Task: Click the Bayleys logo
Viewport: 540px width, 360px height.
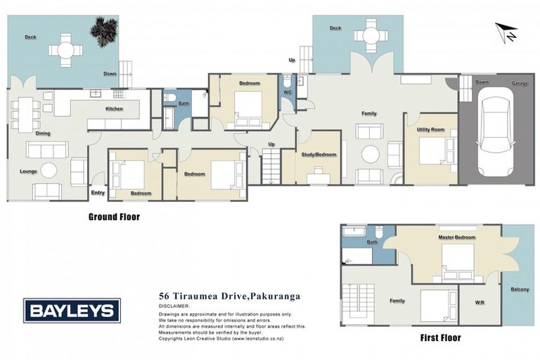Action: tap(72, 310)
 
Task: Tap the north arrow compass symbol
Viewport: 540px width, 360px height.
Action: tap(506, 32)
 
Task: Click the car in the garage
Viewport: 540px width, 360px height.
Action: tap(497, 136)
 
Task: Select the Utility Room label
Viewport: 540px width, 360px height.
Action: tap(430, 130)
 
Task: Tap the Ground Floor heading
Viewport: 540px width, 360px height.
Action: tap(114, 217)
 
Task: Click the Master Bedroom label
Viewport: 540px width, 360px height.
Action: tap(456, 238)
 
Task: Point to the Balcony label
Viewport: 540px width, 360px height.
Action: tap(520, 289)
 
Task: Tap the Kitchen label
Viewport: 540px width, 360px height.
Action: tap(114, 109)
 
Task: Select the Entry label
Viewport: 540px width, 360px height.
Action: tap(98, 193)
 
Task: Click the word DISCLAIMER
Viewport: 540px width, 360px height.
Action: tap(175, 307)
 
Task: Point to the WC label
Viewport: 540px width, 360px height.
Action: tap(288, 92)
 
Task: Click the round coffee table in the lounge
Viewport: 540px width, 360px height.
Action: tap(49, 170)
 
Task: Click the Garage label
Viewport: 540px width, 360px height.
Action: tap(520, 83)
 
